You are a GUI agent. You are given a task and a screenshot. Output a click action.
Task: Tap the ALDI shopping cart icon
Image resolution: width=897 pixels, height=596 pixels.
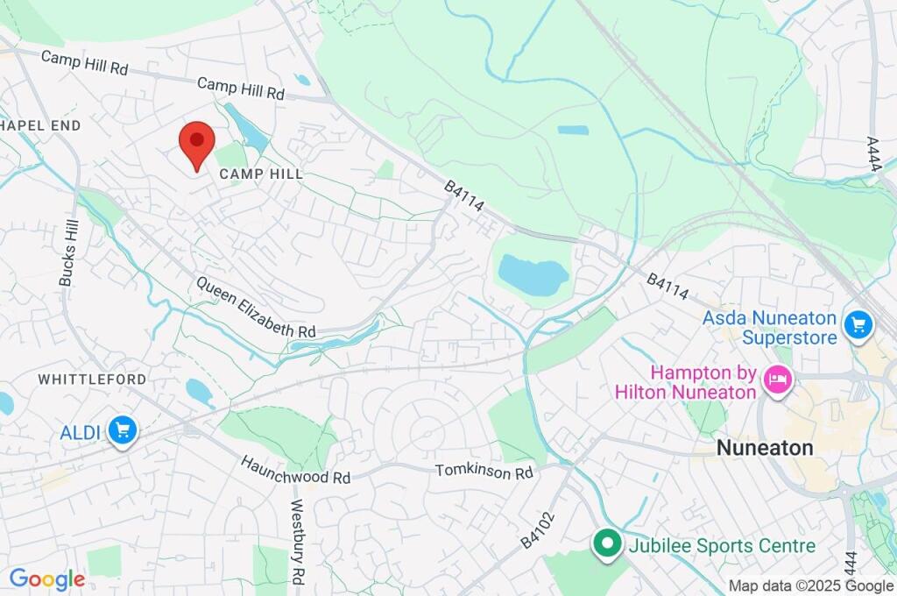pyautogui.click(x=123, y=430)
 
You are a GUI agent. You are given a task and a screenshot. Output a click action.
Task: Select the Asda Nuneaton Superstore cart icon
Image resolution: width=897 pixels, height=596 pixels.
pyautogui.click(x=858, y=325)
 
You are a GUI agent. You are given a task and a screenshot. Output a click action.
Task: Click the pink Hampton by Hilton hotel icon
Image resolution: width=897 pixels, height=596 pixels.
pyautogui.click(x=776, y=380)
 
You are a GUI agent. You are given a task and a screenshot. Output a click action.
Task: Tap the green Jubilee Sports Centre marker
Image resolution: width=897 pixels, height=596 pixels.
pyautogui.click(x=605, y=544)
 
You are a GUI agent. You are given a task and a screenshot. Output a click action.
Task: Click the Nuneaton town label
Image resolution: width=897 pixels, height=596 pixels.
pyautogui.click(x=764, y=447)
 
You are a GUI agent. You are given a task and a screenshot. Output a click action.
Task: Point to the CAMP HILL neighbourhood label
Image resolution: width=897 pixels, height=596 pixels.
pyautogui.click(x=261, y=174)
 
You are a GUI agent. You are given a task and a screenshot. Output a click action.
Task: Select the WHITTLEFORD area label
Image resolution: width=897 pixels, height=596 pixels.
pyautogui.click(x=92, y=380)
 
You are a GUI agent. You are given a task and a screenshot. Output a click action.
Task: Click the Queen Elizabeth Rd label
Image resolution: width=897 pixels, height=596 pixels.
pyautogui.click(x=256, y=308)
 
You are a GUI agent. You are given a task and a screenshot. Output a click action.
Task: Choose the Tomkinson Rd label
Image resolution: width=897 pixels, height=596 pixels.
pyautogui.click(x=484, y=472)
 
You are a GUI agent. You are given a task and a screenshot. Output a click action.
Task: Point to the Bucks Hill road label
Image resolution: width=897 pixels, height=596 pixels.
pyautogui.click(x=67, y=252)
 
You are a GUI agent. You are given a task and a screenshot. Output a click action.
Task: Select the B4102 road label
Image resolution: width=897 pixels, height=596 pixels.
pyautogui.click(x=538, y=529)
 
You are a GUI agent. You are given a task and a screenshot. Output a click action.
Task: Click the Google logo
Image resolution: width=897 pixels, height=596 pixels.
pyautogui.click(x=46, y=579)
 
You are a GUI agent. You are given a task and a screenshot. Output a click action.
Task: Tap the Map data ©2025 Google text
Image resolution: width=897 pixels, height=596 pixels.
pyautogui.click(x=810, y=586)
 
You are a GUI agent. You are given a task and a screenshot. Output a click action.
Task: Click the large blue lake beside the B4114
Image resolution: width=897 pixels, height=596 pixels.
pyautogui.click(x=533, y=275)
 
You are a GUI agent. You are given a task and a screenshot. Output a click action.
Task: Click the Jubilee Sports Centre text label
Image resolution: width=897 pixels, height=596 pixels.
pyautogui.click(x=722, y=546)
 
